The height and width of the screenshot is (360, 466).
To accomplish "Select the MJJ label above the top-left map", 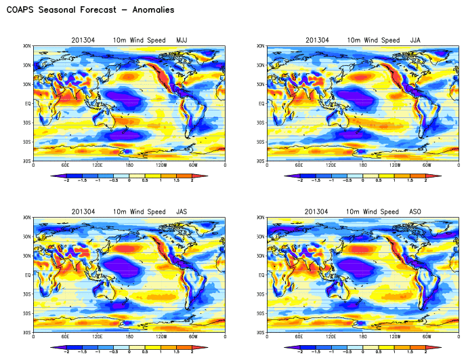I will [x=182, y=40].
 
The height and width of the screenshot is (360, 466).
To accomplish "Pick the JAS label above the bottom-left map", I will [x=181, y=212].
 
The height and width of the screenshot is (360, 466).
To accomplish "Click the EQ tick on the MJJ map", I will [x=28, y=104].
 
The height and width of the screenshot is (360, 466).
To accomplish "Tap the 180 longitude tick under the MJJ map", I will [x=129, y=166].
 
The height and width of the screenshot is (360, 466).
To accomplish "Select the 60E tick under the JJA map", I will [x=299, y=166].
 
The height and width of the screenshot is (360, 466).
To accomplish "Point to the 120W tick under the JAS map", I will [x=161, y=337].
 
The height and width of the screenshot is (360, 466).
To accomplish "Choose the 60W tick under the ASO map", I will [x=427, y=337].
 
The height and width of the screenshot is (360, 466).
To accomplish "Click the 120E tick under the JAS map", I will [x=97, y=337].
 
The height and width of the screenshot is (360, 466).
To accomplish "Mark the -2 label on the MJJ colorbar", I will [x=66, y=181].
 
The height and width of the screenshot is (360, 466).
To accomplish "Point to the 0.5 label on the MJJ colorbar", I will [x=144, y=181].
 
